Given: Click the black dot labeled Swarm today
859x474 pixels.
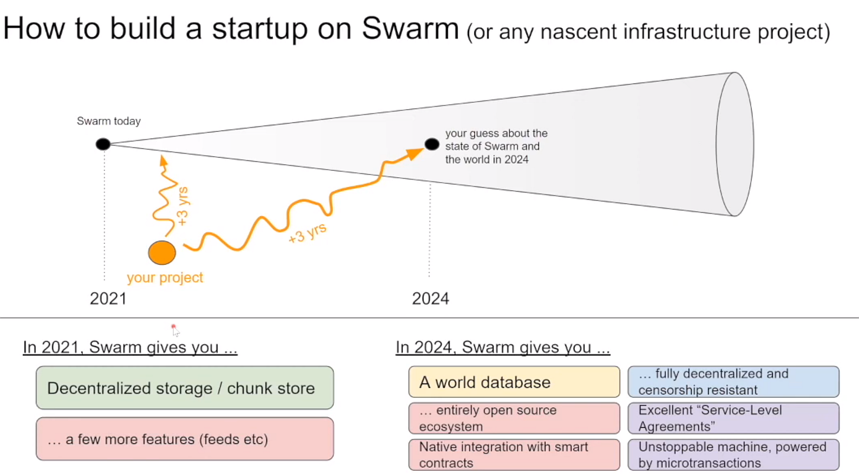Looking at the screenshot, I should click(x=103, y=144).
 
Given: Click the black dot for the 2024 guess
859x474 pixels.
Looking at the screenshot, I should click(x=432, y=144).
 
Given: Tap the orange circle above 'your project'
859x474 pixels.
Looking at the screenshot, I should click(x=162, y=252).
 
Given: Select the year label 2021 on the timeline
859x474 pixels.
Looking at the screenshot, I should click(x=108, y=298).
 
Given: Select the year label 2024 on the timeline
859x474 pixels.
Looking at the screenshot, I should click(x=430, y=298).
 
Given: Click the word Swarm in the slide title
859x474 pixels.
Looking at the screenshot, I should click(x=410, y=28).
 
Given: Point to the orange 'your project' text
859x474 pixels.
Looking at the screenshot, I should click(x=165, y=277).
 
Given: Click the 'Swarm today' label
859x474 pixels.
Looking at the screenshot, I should click(x=109, y=121).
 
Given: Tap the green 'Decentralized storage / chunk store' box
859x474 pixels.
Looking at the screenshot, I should click(x=185, y=388).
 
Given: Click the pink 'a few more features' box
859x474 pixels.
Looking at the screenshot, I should click(x=185, y=438).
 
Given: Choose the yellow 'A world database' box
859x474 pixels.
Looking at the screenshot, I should click(x=514, y=382).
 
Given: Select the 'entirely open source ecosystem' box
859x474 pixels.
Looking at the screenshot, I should click(x=514, y=418).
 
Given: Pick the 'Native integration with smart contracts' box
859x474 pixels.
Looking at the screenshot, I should click(x=514, y=455).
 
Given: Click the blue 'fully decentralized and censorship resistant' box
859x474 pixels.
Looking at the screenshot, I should click(x=733, y=382).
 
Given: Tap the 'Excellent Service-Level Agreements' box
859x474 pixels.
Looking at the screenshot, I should click(x=733, y=418).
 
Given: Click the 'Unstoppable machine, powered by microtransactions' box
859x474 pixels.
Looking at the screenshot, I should click(x=733, y=455).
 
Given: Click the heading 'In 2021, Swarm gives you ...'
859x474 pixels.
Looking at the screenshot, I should click(x=130, y=347).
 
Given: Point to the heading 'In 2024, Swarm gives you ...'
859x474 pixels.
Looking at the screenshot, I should click(x=502, y=347).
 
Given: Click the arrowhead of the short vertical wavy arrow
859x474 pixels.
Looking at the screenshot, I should click(x=163, y=161).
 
